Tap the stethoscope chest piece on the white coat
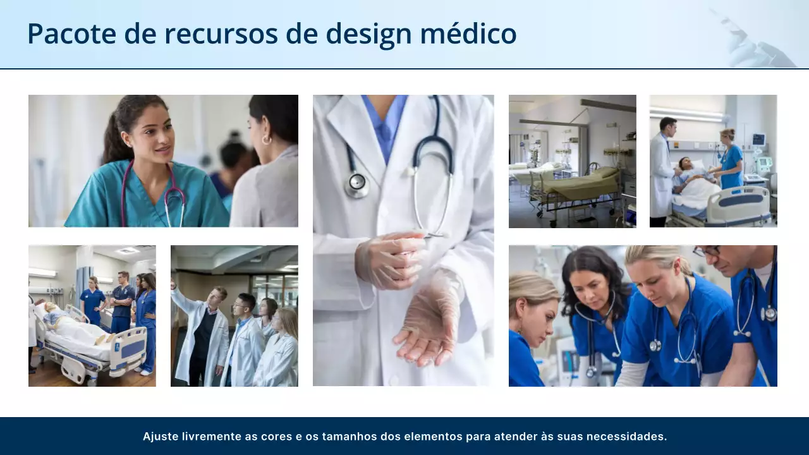358,184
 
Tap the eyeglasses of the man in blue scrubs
707,251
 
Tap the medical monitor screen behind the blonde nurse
758,140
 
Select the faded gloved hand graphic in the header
755,41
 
